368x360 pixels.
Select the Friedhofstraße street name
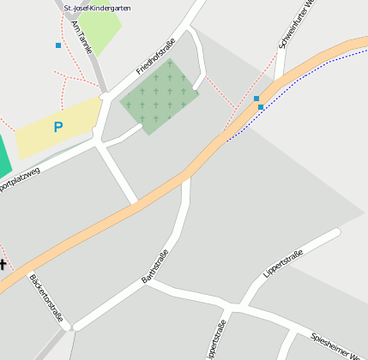(155, 57)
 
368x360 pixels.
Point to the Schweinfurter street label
(292, 27)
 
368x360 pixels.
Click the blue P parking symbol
(58, 127)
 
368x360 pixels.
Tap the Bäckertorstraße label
(45, 300)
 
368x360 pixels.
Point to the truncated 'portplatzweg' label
(19, 179)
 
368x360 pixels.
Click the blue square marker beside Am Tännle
(58, 45)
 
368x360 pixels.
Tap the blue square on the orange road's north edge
(256, 99)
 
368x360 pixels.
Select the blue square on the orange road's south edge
(261, 107)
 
